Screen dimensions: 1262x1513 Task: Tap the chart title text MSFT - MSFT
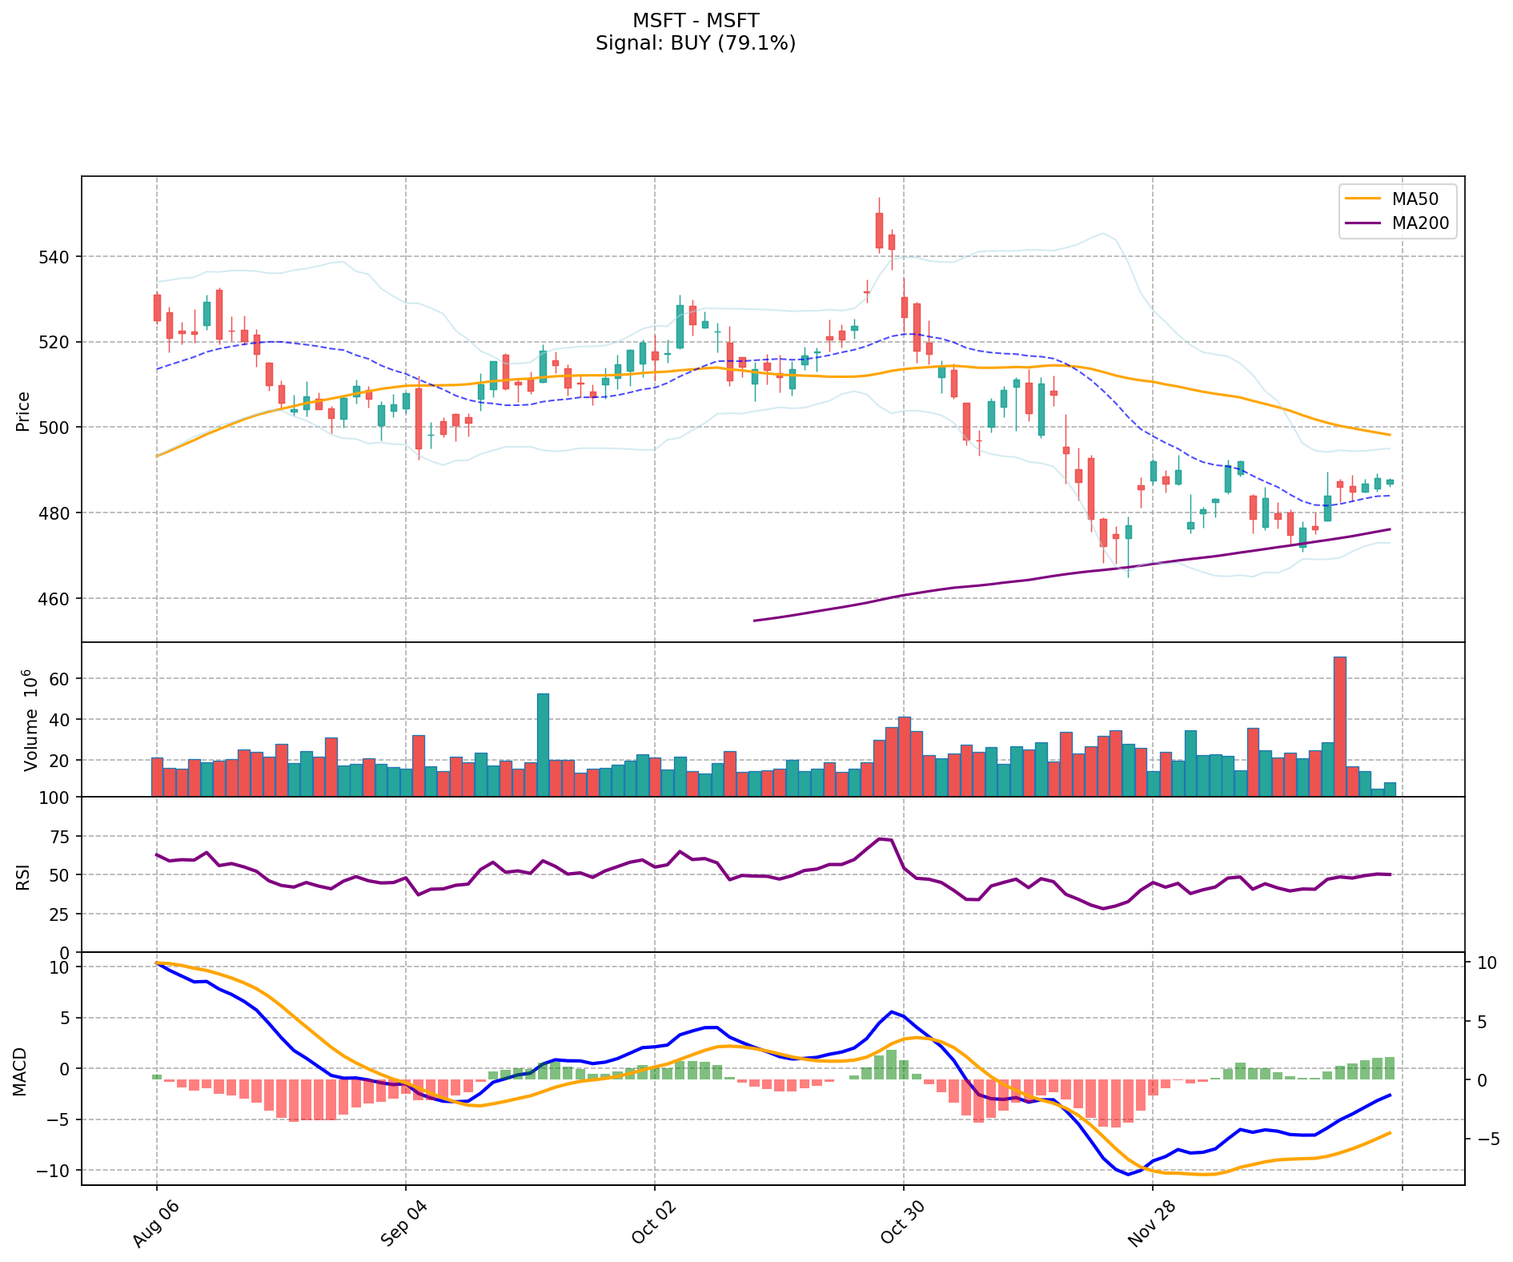pyautogui.click(x=695, y=20)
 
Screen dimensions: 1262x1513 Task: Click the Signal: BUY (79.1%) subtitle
pyautogui.click(x=695, y=43)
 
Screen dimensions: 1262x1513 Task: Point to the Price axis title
pyautogui.click(x=23, y=411)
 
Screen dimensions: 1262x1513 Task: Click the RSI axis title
pyautogui.click(x=23, y=876)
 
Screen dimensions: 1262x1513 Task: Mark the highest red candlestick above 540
pyautogui.click(x=879, y=231)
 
